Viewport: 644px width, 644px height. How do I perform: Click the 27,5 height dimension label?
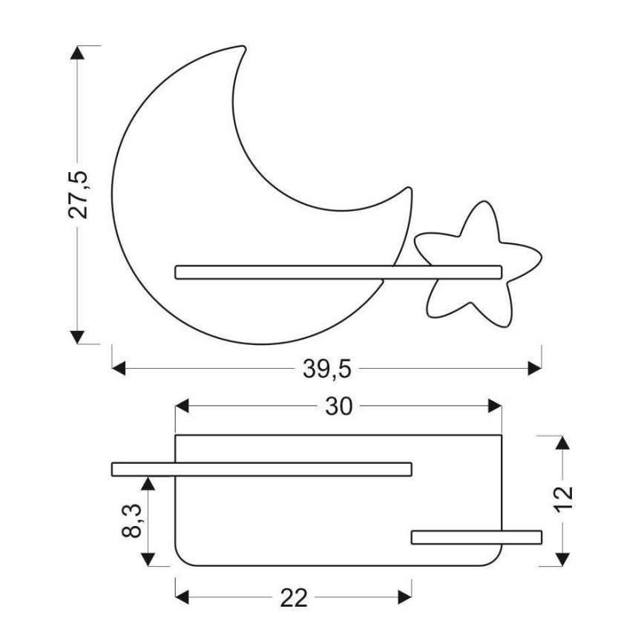coord(79,194)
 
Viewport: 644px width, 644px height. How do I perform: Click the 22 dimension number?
coord(293,598)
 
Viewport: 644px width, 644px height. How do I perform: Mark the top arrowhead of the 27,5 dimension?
coord(75,53)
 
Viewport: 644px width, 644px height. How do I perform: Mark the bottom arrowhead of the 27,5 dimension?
coord(75,337)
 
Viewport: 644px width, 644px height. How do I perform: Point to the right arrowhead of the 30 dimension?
coord(495,407)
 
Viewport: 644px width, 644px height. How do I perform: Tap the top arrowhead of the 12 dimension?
coord(562,443)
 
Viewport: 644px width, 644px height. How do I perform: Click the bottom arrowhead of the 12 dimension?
coord(562,559)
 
